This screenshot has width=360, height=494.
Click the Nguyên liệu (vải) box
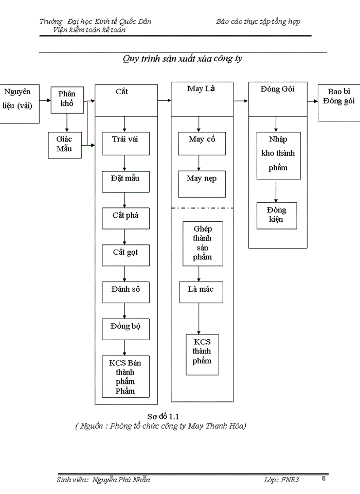click(19, 102)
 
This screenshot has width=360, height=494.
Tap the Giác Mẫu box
click(64, 145)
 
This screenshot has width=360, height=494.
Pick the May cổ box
click(202, 144)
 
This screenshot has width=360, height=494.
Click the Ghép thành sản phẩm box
click(203, 243)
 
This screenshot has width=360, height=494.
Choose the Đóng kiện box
click(277, 215)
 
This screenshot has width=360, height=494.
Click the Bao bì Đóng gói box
click(338, 102)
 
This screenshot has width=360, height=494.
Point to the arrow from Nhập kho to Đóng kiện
click(277, 190)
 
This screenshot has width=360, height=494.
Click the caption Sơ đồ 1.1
click(163, 416)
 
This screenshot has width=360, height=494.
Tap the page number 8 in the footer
click(323, 479)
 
